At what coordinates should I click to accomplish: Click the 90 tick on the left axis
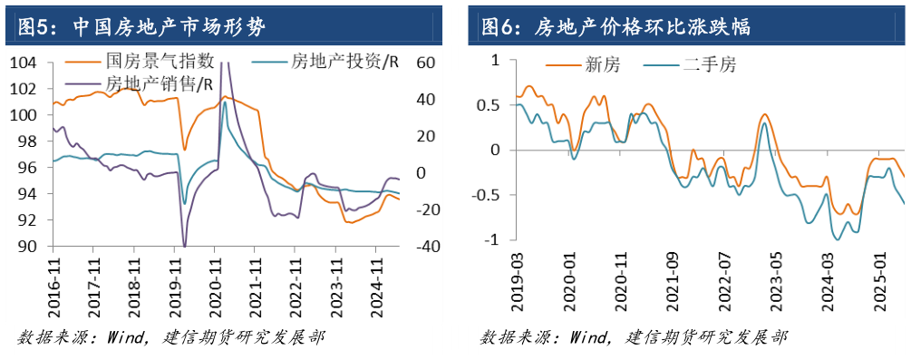(x=28, y=247)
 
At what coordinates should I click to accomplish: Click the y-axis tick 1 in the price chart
(x=496, y=60)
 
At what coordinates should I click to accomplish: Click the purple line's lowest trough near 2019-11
(x=185, y=246)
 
